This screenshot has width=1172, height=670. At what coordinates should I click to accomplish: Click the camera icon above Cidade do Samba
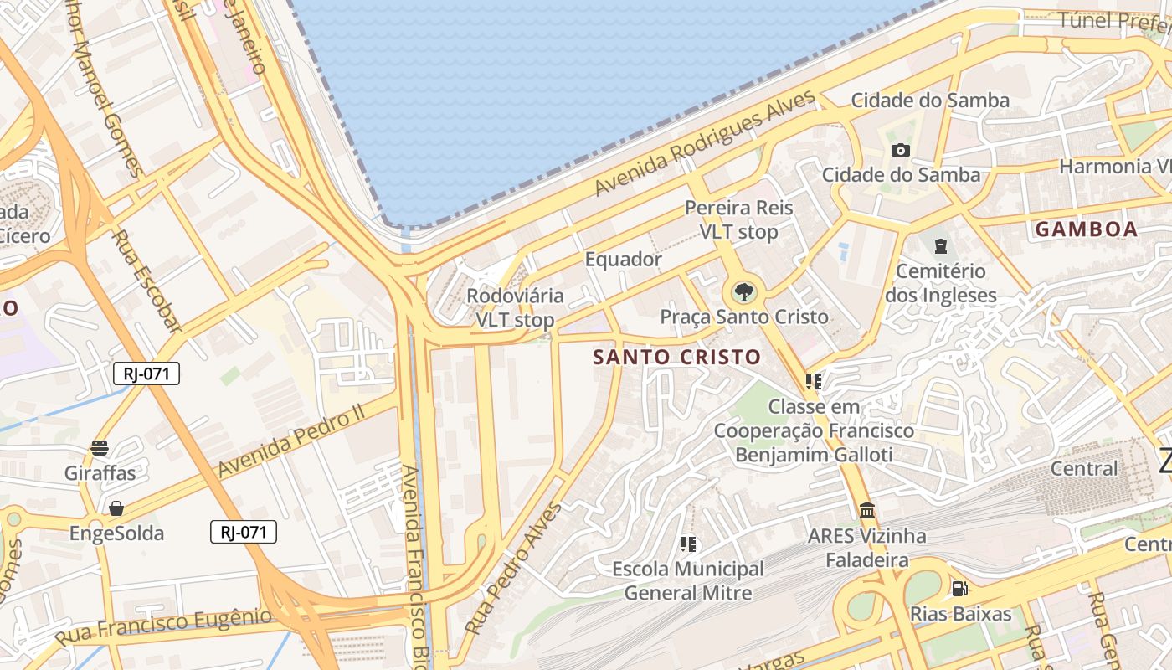[x=901, y=150]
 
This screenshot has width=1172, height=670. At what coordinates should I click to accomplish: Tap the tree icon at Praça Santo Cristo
[x=743, y=292]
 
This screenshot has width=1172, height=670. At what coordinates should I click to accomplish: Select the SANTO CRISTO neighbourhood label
[x=676, y=357]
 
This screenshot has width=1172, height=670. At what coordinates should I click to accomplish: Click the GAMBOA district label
[x=1086, y=229]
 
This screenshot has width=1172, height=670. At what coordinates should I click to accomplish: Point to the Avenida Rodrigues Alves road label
[x=705, y=144]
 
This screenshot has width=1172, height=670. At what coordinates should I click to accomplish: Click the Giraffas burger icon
[x=100, y=448]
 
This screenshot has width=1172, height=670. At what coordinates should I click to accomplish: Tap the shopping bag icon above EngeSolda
[x=116, y=508]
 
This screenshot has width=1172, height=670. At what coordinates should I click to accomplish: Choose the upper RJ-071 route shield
[x=146, y=374]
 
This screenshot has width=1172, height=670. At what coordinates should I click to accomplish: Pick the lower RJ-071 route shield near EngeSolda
[x=243, y=531]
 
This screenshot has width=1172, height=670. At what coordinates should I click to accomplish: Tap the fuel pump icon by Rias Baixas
[x=959, y=589]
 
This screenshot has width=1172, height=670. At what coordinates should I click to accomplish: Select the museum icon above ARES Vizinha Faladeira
[x=867, y=510]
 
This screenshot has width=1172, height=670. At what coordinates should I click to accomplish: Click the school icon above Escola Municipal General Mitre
[x=688, y=544]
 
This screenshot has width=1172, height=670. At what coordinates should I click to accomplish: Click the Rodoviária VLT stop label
[x=515, y=307]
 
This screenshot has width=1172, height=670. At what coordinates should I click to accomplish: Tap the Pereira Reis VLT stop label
[x=738, y=219]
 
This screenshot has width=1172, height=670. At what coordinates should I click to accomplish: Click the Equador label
[x=623, y=259]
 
